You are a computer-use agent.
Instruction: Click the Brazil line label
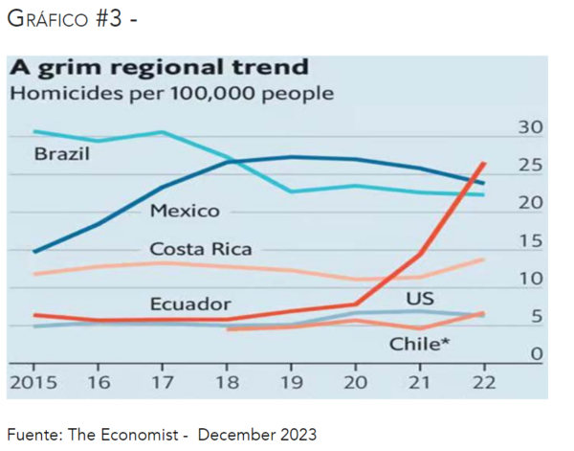click(x=62, y=153)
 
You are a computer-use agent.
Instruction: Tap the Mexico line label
click(x=185, y=211)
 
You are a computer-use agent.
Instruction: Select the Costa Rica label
click(x=201, y=249)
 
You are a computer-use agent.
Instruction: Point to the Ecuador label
click(x=190, y=304)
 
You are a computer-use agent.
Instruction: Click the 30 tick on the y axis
click(x=530, y=128)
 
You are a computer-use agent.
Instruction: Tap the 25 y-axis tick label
click(x=530, y=166)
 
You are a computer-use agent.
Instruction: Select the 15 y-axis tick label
click(x=530, y=241)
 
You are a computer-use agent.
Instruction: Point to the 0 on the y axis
click(x=537, y=355)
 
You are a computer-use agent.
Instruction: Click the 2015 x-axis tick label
click(x=33, y=383)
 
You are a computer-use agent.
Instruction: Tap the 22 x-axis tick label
click(x=483, y=383)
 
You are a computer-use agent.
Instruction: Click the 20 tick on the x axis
click(x=356, y=383)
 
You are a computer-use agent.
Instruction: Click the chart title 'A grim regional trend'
click(x=159, y=68)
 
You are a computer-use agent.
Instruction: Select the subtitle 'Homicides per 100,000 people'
click(x=171, y=94)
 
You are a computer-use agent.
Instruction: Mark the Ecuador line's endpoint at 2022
click(x=484, y=164)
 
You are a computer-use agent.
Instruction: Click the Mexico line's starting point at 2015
click(x=34, y=252)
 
